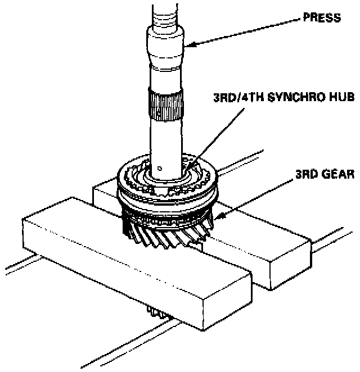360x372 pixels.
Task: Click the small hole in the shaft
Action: click(160, 166)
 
